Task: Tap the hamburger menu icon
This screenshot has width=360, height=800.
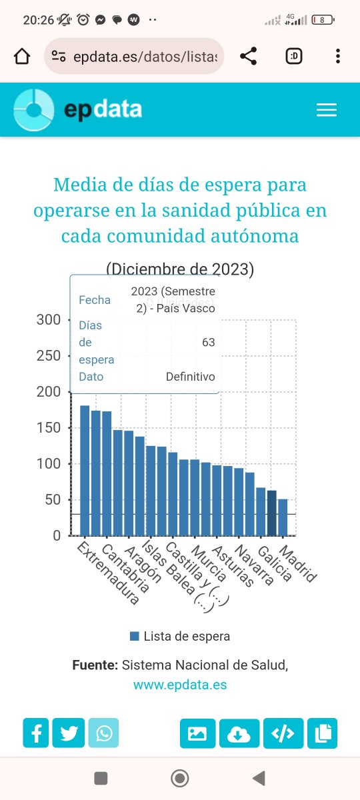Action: coord(327,110)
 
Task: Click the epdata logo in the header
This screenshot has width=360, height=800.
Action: coord(79,110)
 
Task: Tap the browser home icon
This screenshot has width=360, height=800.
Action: coord(22,57)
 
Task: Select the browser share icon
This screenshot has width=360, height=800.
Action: coord(249,57)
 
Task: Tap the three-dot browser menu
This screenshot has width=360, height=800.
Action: coord(338,57)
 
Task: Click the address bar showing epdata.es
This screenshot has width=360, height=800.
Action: coord(133,57)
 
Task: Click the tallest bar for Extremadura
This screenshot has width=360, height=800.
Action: coord(85,470)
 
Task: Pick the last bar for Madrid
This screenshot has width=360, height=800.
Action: coord(283,517)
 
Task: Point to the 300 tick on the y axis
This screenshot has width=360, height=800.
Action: coord(48,320)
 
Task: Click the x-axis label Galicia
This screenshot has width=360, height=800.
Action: coord(275,564)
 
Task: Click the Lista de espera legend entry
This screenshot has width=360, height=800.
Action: coord(180,636)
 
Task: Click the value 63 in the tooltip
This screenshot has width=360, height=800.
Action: coord(209,343)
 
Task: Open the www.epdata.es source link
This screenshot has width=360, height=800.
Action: coord(180,685)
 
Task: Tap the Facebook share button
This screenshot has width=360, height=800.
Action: coord(36,733)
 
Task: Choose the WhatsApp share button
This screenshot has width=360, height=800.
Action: coord(103,733)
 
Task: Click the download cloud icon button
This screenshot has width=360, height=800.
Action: coord(239,733)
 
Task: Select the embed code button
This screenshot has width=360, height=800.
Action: coord(283,733)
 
